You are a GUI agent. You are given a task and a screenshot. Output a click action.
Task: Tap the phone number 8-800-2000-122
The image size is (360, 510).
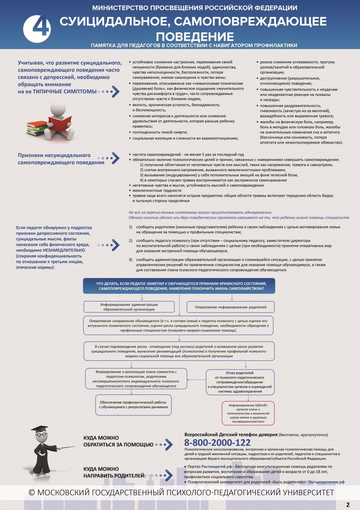pos(217,443)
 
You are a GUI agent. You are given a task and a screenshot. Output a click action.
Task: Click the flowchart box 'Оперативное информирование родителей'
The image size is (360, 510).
pos(231,307)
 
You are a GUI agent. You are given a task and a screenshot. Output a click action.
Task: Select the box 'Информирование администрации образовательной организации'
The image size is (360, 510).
pos(129,307)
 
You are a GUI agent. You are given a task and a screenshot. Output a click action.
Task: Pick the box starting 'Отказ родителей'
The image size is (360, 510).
pos(240,382)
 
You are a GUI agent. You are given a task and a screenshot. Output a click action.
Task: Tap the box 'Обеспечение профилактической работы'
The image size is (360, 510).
pos(133,405)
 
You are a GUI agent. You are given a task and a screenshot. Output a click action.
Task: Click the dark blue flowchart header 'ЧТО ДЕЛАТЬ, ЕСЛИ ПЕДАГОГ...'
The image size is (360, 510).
pos(179,286)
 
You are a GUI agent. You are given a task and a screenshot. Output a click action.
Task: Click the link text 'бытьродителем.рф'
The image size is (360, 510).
pos(326,482)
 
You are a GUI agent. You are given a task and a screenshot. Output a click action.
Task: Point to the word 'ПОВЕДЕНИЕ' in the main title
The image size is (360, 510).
pos(195,37)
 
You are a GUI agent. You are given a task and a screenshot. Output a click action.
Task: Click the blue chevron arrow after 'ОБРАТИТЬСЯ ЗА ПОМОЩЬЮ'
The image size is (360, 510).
pos(169,444)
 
